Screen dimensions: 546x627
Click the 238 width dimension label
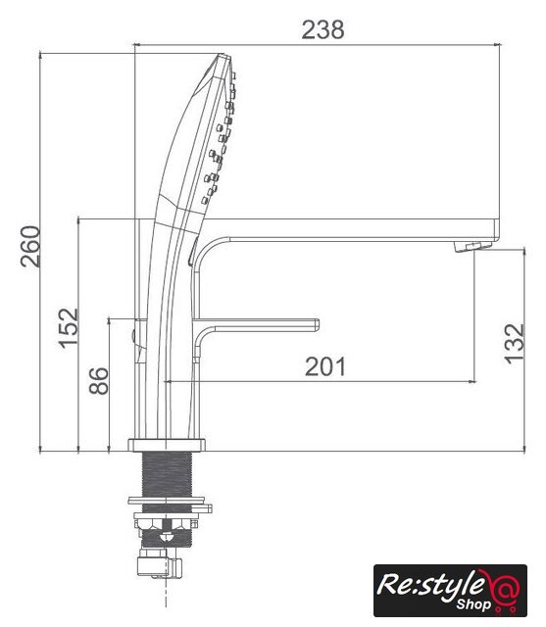323,30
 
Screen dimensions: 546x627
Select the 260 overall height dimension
30,246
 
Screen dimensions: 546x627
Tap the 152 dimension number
69,328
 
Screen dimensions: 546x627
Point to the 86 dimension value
98,381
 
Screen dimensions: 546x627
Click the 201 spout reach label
324,366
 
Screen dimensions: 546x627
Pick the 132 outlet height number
514,344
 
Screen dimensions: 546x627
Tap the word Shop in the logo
474,603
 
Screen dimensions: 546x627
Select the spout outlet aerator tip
472,246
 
